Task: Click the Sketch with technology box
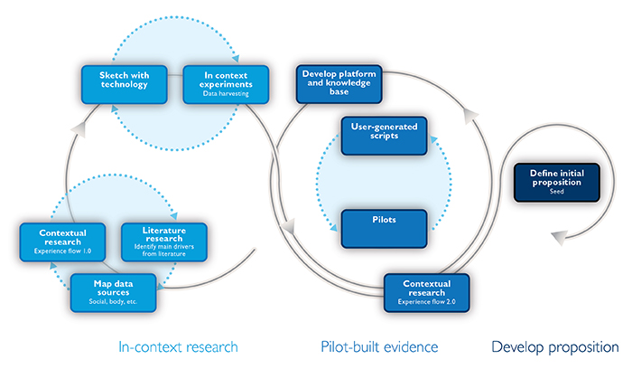pos(125,85)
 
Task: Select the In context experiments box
pos(226,85)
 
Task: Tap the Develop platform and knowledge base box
pos(339,84)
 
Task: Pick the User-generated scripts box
pos(384,136)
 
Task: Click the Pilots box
pos(384,229)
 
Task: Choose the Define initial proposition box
pos(557,183)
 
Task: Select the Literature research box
pos(164,242)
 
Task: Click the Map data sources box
pos(113,293)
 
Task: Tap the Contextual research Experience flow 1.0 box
pos(62,242)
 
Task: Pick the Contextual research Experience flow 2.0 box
pos(427,293)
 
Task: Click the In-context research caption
pos(178,347)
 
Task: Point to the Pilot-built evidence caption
pos(379,347)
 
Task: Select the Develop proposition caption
pos(555,347)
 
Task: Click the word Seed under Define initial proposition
pos(557,192)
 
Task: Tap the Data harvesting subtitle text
pos(226,94)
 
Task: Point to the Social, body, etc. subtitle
pos(113,301)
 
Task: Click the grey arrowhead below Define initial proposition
pos(560,237)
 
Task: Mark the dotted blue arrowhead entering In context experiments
pos(236,59)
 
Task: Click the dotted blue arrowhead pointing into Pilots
pos(333,228)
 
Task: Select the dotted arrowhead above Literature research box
pos(173,216)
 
